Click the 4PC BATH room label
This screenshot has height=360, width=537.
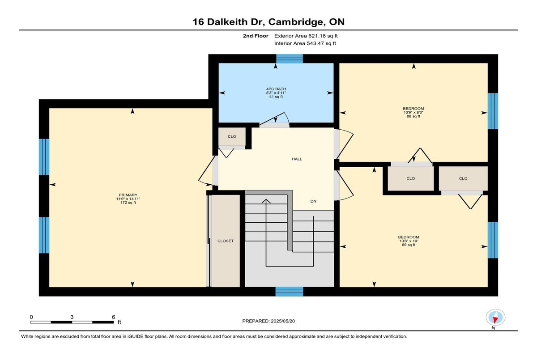click(x=276, y=89)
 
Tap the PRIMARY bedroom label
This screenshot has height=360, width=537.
click(x=128, y=195)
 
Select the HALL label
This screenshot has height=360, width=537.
click(x=297, y=159)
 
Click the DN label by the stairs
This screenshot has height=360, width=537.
click(x=313, y=201)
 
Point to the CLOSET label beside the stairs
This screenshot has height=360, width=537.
click(x=226, y=241)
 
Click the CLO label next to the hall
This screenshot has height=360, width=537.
click(x=232, y=136)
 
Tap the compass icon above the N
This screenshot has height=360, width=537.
click(x=495, y=318)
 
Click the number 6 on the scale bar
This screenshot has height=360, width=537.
click(x=113, y=317)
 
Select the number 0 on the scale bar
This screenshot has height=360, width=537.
click(x=31, y=317)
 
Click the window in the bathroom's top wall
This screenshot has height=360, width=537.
click(x=290, y=59)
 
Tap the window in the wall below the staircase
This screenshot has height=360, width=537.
click(x=289, y=292)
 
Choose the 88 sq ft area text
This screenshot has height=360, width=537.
click(x=413, y=116)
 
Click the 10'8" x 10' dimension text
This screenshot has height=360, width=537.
click(x=409, y=241)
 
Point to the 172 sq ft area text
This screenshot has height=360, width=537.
click(x=128, y=203)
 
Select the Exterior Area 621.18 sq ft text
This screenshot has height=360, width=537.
click(x=306, y=36)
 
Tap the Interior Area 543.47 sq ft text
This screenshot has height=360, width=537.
click(x=305, y=43)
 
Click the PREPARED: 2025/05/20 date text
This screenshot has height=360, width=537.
click(x=268, y=321)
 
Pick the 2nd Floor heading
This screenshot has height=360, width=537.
click(x=256, y=36)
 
